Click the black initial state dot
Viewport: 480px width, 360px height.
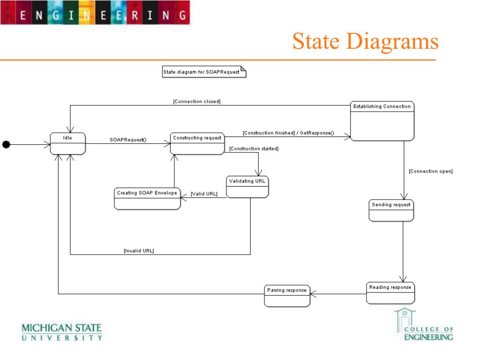6,144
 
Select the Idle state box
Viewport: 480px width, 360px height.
67,143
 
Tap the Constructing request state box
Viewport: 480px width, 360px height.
197,143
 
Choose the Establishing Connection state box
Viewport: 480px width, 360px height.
382,121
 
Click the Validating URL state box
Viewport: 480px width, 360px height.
247,187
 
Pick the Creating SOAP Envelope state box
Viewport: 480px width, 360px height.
147,199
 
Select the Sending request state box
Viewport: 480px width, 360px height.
391,210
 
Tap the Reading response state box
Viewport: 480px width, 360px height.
390,293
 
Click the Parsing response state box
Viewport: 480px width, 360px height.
287,296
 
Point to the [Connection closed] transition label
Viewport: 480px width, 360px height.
197,101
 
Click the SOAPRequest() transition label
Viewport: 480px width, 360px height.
128,140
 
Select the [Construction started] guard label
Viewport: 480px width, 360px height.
254,149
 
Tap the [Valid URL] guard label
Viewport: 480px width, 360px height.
204,194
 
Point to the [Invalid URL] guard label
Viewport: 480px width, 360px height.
139,251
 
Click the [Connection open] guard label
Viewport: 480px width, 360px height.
431,171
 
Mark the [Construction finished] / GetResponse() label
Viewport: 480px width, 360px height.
288,133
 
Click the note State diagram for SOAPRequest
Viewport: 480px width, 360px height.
204,72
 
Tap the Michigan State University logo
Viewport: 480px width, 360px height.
61,332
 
